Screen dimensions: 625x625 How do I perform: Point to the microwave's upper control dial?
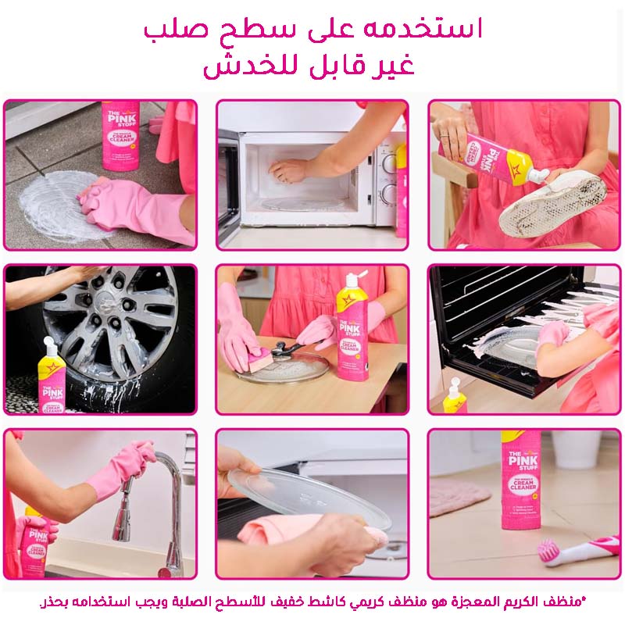click(x=388, y=164)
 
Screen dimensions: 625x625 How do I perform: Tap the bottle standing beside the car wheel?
click(x=52, y=376)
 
